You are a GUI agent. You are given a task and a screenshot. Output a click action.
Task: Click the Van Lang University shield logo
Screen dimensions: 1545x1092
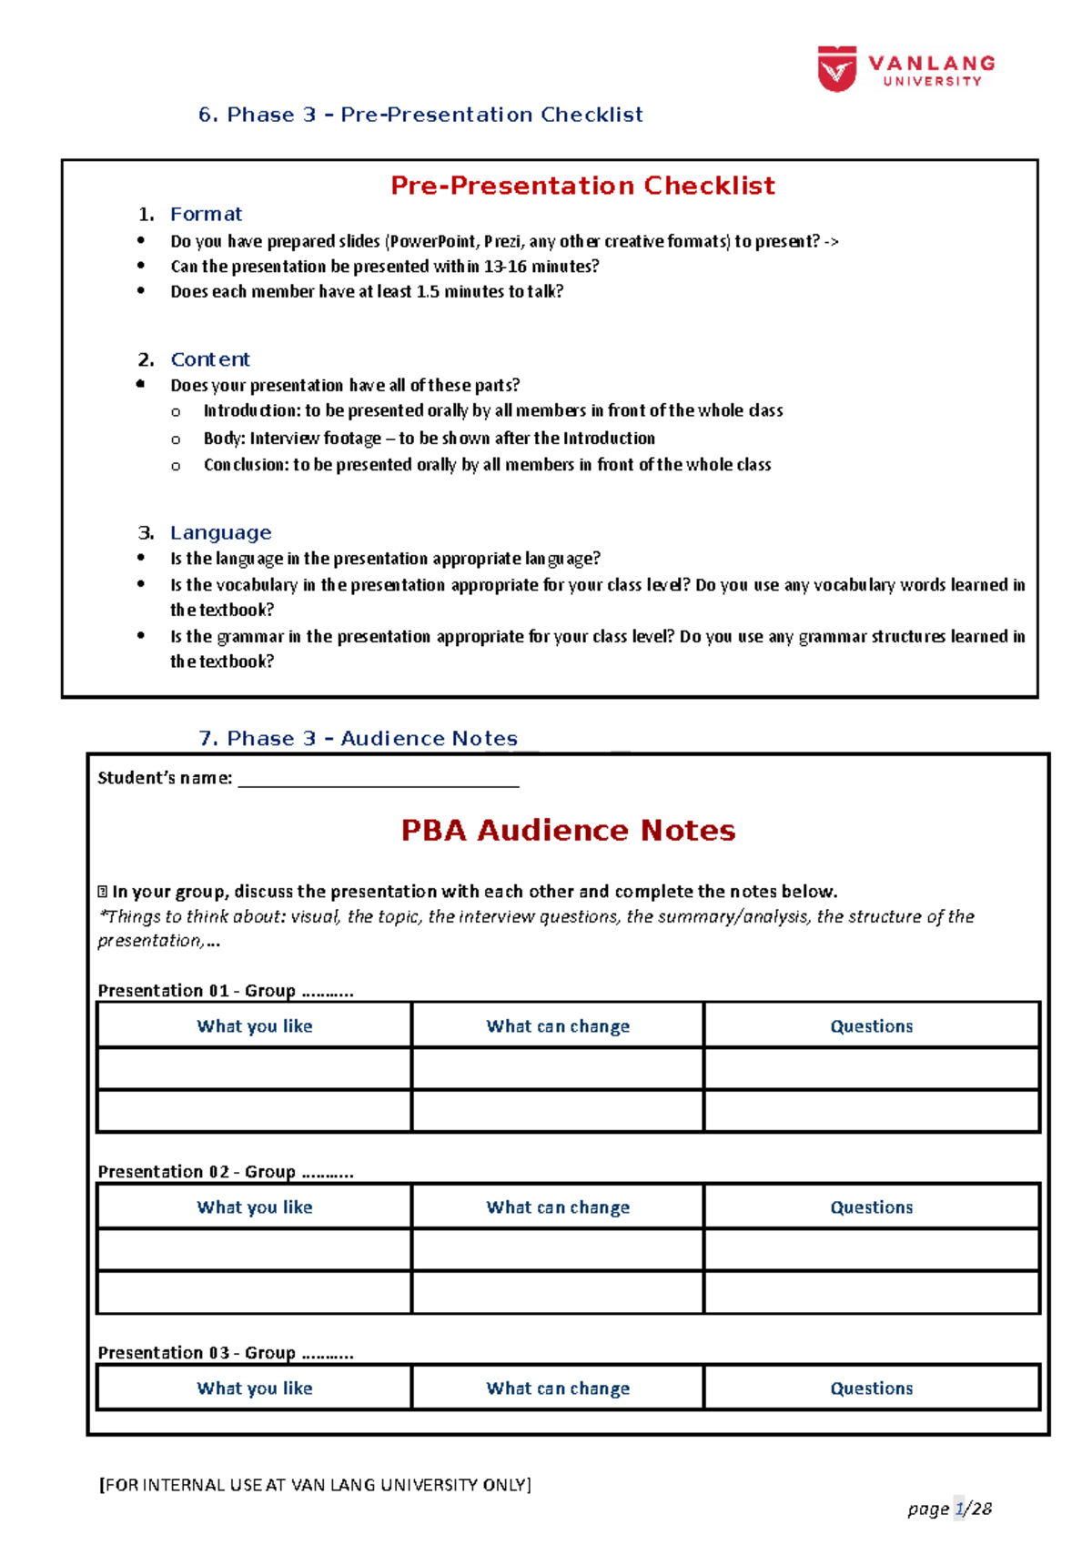[836, 69]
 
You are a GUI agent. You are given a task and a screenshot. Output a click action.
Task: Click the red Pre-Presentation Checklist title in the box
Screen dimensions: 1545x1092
[582, 186]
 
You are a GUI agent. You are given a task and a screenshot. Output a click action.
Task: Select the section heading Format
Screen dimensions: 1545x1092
[206, 215]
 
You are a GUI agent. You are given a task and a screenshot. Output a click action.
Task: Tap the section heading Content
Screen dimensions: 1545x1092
[209, 359]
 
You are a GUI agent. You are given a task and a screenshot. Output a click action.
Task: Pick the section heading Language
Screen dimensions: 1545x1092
[220, 533]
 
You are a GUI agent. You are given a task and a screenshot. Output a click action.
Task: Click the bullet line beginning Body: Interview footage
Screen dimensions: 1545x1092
[429, 439]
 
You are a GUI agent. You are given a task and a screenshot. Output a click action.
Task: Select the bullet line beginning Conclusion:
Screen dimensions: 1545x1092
[487, 465]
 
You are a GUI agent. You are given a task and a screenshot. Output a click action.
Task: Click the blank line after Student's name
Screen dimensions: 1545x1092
[378, 779]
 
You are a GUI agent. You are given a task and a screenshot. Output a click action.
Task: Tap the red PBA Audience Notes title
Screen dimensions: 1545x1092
[568, 831]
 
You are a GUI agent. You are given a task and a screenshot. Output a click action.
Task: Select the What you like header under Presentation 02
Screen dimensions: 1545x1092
[255, 1207]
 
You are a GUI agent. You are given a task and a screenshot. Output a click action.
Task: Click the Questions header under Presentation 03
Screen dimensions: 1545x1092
[871, 1388]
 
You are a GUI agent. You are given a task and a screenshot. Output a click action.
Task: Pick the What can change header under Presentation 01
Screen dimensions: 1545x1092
[558, 1026]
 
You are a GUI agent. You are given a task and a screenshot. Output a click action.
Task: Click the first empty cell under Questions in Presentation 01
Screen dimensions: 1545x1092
[871, 1069]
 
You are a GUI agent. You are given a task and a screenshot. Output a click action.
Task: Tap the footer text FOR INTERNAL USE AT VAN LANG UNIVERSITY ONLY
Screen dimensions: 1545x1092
[315, 1485]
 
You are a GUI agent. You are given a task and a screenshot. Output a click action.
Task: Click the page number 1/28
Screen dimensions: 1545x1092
[973, 1509]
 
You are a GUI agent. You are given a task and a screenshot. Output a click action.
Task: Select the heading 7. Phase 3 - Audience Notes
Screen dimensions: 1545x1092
[358, 739]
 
